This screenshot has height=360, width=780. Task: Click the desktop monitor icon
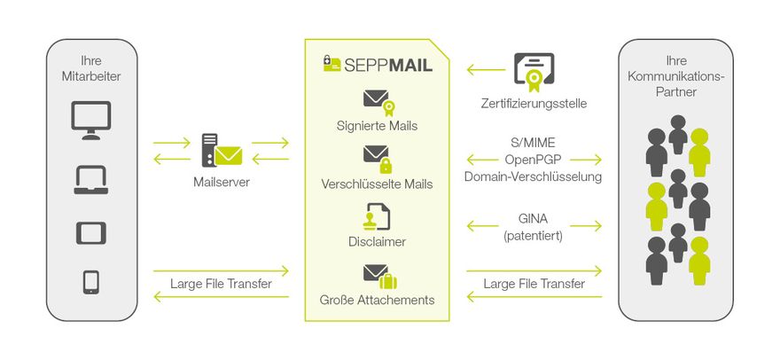pyautogui.click(x=91, y=120)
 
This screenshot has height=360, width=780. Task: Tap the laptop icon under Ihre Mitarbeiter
pyautogui.click(x=91, y=180)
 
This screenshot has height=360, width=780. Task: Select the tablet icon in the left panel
pyautogui.click(x=91, y=233)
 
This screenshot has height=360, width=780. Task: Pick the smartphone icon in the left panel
pyautogui.click(x=91, y=282)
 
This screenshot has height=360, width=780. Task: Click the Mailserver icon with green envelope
pyautogui.click(x=221, y=151)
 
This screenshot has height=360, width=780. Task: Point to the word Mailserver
pyautogui.click(x=221, y=182)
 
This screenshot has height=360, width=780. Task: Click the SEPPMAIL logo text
pyautogui.click(x=378, y=65)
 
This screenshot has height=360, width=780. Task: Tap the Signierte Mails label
pyautogui.click(x=378, y=126)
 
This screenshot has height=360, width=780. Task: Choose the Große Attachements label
pyautogui.click(x=378, y=300)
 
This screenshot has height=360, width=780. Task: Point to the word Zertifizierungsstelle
pyautogui.click(x=534, y=104)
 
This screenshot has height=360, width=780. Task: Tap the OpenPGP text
pyautogui.click(x=534, y=160)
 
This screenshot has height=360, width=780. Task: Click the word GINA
pyautogui.click(x=534, y=219)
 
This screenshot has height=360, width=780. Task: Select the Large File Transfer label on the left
pyautogui.click(x=221, y=284)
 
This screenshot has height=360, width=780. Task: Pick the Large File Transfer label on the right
pyautogui.click(x=534, y=284)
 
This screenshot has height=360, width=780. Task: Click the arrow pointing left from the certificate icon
pyautogui.click(x=484, y=69)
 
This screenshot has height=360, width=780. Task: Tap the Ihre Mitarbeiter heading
pyautogui.click(x=91, y=68)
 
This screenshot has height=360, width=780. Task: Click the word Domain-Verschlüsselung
pyautogui.click(x=534, y=176)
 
